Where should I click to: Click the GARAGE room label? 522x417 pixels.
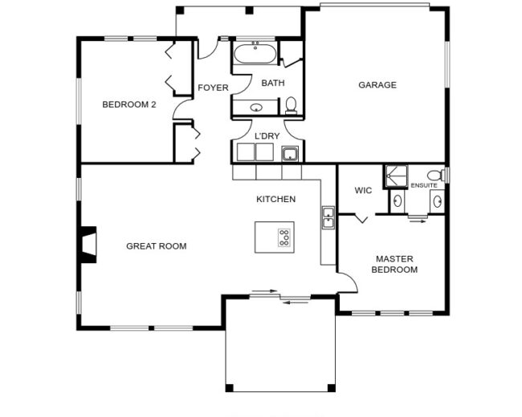click(x=377, y=85)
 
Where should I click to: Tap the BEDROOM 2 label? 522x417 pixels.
click(x=128, y=104)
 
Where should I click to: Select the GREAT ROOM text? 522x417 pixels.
click(x=156, y=246)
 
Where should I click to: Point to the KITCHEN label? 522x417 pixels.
click(x=276, y=199)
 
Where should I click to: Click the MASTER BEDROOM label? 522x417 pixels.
click(x=394, y=264)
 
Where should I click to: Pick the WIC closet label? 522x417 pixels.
click(x=363, y=191)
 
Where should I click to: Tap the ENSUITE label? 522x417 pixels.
click(x=424, y=185)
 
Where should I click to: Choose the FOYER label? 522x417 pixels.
click(x=213, y=87)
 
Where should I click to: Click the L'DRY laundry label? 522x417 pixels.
click(x=267, y=136)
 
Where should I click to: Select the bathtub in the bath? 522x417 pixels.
click(x=255, y=53)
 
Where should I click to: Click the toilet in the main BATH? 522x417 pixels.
click(x=291, y=105)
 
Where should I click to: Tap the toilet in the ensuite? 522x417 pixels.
click(x=436, y=175)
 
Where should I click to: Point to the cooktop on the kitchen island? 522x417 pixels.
click(x=284, y=237)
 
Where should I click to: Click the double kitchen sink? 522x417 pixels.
click(x=328, y=217)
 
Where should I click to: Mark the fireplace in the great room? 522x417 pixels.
click(x=88, y=245)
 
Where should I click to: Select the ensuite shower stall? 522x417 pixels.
click(x=396, y=176)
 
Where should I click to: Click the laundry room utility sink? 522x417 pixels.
click(x=290, y=154)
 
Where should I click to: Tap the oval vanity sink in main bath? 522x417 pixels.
click(x=256, y=107)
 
